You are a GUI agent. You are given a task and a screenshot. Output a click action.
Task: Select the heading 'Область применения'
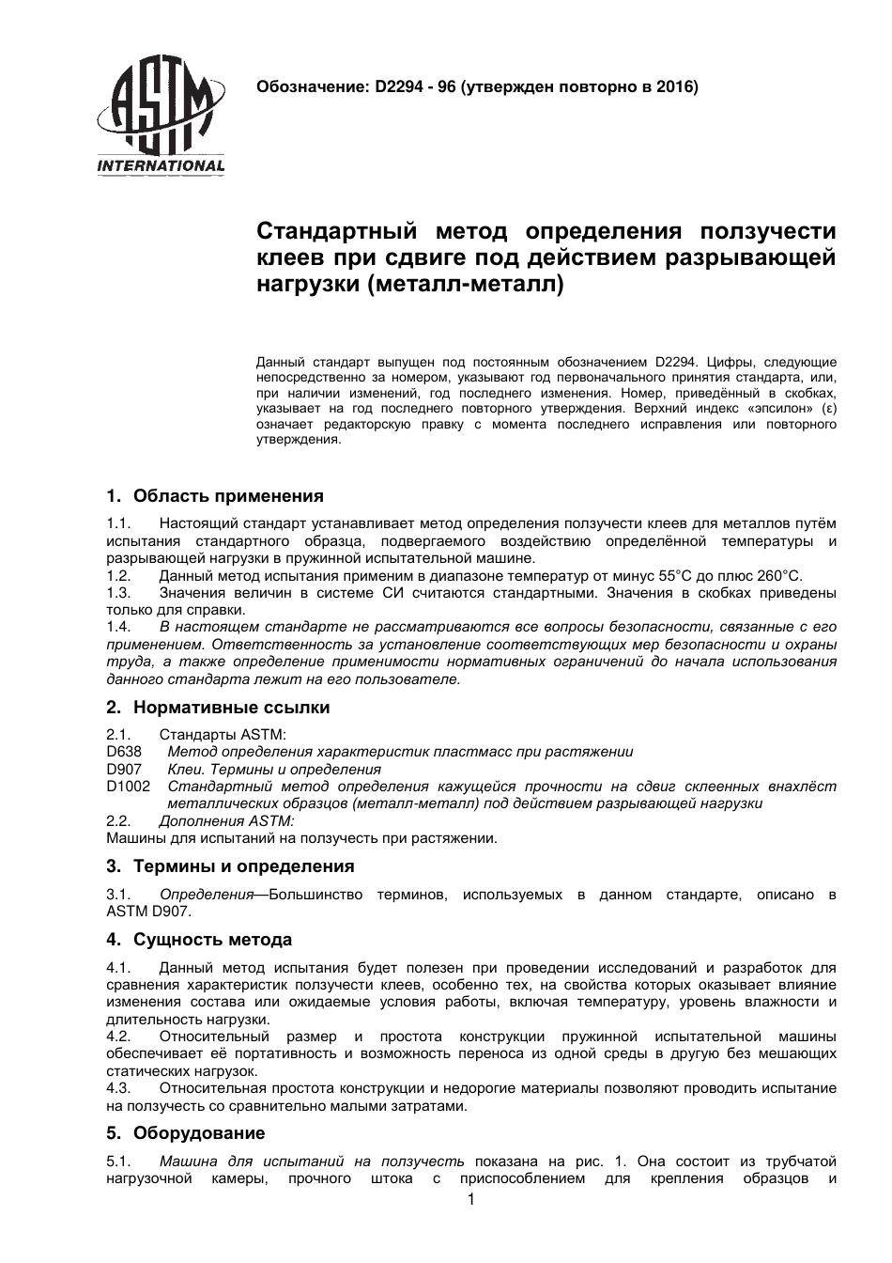pos(228,495)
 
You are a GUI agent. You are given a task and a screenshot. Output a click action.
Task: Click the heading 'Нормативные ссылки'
pos(231,708)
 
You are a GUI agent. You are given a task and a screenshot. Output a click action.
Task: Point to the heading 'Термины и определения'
pos(243,866)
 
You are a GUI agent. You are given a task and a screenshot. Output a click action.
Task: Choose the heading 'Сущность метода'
pos(212,940)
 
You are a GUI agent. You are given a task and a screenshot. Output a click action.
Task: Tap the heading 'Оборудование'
pos(199,1133)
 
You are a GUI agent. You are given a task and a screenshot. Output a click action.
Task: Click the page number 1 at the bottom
pos(471,1200)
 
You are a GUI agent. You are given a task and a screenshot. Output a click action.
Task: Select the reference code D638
pos(124,752)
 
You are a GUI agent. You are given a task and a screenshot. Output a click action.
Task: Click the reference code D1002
pos(129,787)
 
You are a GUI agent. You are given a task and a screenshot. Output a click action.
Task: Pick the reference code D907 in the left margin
pos(124,770)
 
